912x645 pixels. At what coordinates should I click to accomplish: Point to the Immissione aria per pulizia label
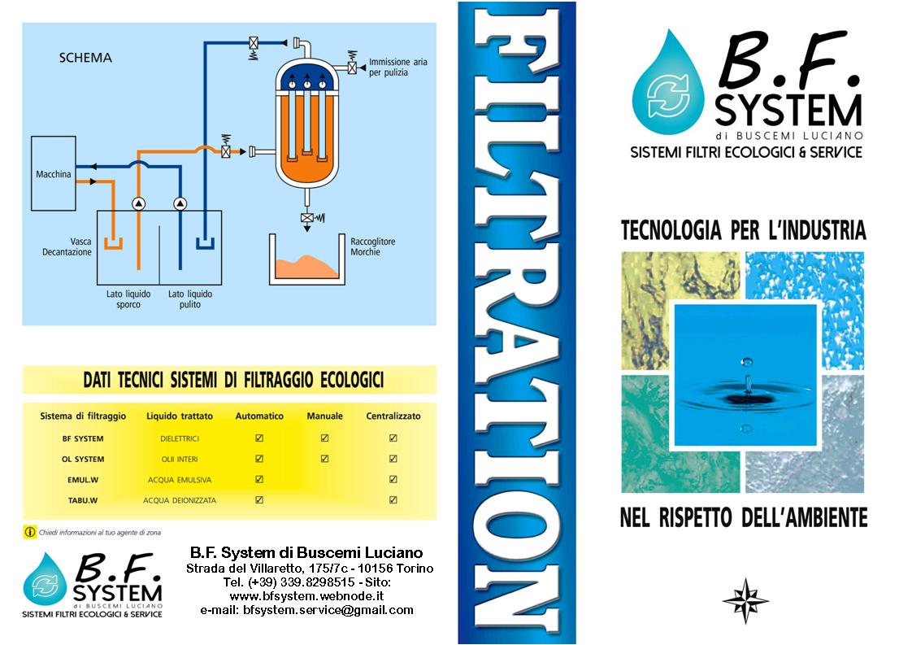pyautogui.click(x=397, y=67)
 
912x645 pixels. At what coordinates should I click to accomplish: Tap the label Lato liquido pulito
pyautogui.click(x=189, y=299)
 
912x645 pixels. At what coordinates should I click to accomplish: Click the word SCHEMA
pyautogui.click(x=85, y=58)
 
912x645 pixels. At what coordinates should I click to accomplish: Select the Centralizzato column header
pyautogui.click(x=393, y=416)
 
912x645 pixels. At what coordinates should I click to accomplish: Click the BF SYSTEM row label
pyautogui.click(x=83, y=438)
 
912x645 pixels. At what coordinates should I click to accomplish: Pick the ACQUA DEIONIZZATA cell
pyautogui.click(x=180, y=500)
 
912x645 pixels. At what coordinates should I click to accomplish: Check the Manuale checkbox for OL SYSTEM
pyautogui.click(x=324, y=459)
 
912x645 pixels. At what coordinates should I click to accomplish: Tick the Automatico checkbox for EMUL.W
pyautogui.click(x=259, y=480)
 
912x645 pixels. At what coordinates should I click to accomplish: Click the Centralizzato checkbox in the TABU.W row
pyautogui.click(x=393, y=500)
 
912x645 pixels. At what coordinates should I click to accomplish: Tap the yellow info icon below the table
pyautogui.click(x=30, y=532)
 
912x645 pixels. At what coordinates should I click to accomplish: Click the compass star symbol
pyautogui.click(x=745, y=600)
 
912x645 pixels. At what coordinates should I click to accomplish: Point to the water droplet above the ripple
pyautogui.click(x=747, y=360)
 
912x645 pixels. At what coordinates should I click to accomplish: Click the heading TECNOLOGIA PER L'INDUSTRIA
pyautogui.click(x=743, y=231)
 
